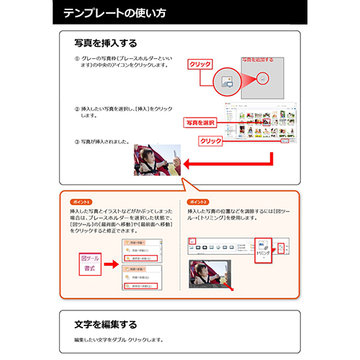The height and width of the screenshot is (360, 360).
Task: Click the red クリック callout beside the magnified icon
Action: [x=199, y=64]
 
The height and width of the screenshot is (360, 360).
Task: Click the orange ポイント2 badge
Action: [x=197, y=202]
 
